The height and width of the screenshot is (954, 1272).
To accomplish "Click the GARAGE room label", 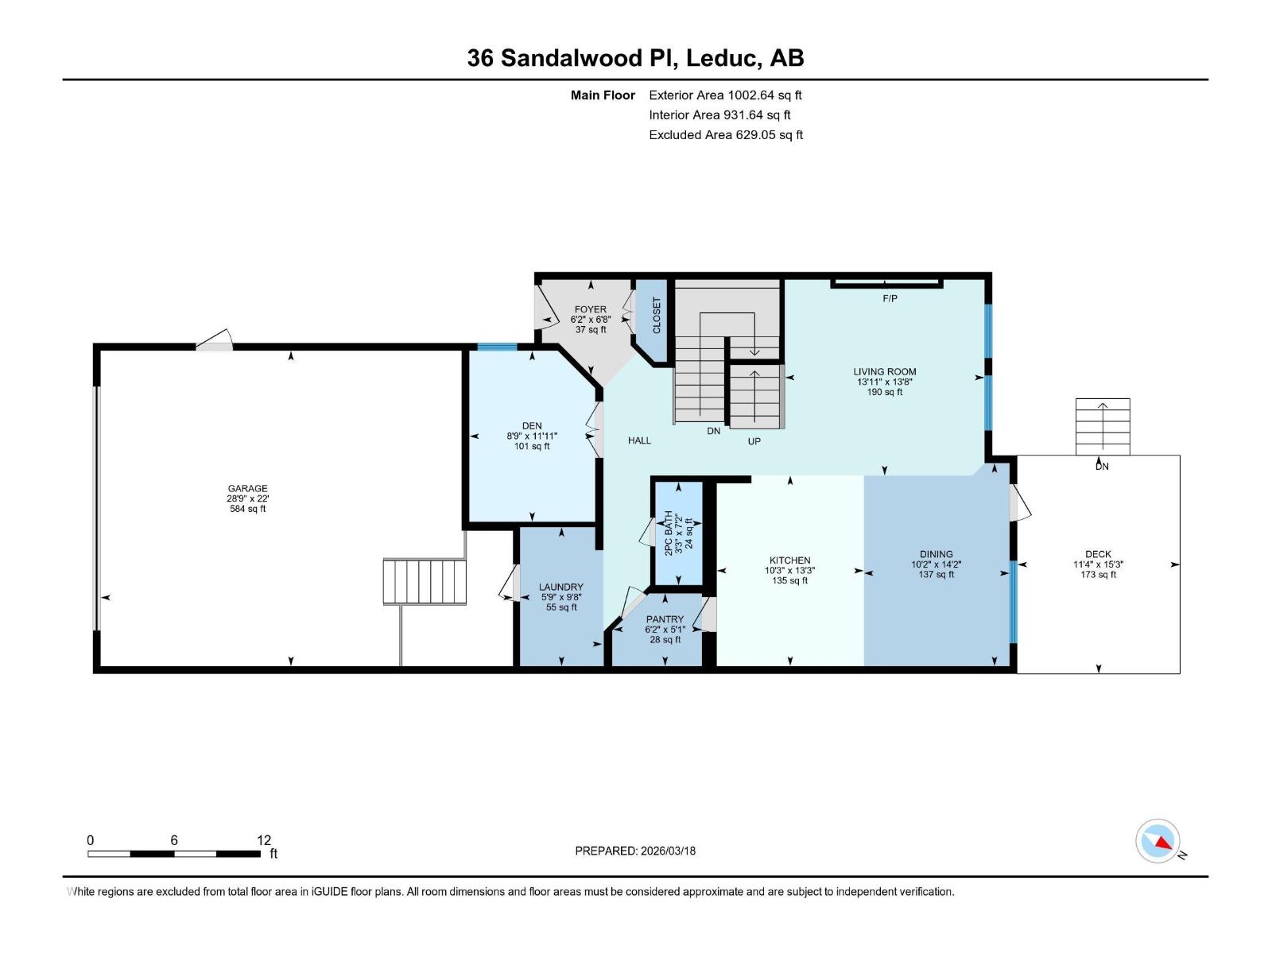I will [x=247, y=489].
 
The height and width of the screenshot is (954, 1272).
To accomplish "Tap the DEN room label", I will [x=532, y=426].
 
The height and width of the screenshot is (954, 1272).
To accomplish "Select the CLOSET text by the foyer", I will [x=657, y=316].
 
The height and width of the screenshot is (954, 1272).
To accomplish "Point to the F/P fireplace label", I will [x=890, y=299].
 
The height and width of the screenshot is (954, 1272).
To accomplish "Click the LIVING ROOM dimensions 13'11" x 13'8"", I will [x=884, y=382].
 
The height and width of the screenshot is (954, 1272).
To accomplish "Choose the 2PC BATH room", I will [x=678, y=532].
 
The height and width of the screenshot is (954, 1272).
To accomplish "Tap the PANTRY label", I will [x=665, y=619].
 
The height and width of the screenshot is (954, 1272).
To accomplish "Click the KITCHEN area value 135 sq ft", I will [x=789, y=580].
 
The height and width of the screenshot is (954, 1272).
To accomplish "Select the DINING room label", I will [x=936, y=554].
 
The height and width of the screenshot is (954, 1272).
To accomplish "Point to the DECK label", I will [x=1098, y=554].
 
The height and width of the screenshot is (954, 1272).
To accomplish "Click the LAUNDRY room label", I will [x=560, y=587].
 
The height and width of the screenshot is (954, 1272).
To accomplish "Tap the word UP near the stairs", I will [x=754, y=441].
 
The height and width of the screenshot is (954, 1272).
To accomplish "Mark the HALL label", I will [x=639, y=440].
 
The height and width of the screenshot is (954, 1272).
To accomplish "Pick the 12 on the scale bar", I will [x=264, y=840].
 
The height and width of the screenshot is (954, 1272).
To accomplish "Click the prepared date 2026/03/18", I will [x=668, y=851].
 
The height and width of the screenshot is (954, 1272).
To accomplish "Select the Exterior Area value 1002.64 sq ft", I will [x=765, y=95].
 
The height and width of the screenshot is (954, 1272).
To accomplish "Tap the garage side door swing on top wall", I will [x=215, y=340].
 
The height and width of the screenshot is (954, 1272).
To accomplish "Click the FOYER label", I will [x=590, y=309].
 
